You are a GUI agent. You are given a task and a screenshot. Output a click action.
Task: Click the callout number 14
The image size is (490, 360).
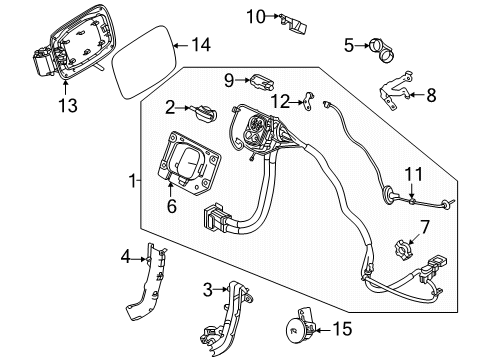pyautogui.click(x=201, y=45)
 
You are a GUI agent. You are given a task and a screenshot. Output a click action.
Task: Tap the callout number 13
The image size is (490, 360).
pyautogui.click(x=68, y=105)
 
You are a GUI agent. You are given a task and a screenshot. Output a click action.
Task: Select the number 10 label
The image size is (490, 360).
pyautogui.click(x=256, y=16)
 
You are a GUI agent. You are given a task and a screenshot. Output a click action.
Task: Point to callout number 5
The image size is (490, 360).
pyautogui.click(x=349, y=45)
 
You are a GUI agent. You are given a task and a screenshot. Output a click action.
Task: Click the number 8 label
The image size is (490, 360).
pyautogui.click(x=431, y=95)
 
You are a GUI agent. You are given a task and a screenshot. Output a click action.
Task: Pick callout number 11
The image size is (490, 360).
pyautogui.click(x=414, y=174)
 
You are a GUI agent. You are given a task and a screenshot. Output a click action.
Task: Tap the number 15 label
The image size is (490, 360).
pyautogui.click(x=342, y=329)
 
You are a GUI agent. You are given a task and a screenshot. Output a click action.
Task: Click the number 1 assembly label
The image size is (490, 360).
pyautogui.click(x=133, y=181)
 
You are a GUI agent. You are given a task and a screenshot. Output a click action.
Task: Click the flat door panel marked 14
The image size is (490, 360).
pyautogui.click(x=144, y=62)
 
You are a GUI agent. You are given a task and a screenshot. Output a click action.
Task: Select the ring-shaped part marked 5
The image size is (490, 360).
pyautogui.click(x=381, y=53)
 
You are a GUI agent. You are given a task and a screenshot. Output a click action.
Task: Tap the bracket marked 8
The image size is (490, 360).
pyautogui.click(x=396, y=91)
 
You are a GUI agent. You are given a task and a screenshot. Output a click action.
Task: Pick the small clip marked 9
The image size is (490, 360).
pyautogui.click(x=262, y=82)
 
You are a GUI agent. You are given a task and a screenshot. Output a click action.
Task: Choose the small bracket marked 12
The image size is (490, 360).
pyautogui.click(x=309, y=102)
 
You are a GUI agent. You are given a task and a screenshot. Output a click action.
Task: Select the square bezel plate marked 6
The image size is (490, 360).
pyautogui.click(x=188, y=162)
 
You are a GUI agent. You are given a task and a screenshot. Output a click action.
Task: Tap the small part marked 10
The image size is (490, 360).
pyautogui.click(x=294, y=24)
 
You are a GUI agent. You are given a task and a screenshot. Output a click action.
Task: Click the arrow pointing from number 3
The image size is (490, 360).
pyautogui.click(x=220, y=290)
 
